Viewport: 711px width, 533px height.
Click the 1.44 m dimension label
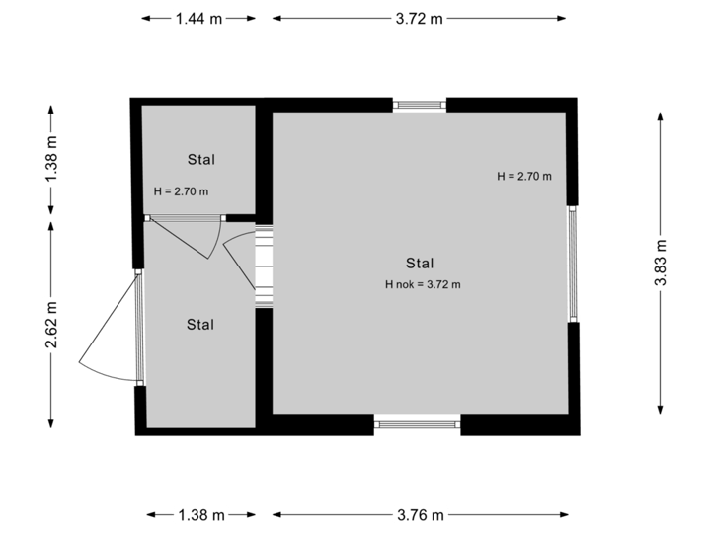click(198, 18)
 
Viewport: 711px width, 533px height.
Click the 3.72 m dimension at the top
click(420, 18)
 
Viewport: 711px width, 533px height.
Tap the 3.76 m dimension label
click(421, 514)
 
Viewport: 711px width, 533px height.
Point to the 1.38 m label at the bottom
click(200, 514)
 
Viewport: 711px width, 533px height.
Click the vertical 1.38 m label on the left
click(52, 160)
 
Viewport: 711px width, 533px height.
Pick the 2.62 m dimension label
click(52, 323)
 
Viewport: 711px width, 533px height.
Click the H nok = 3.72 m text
click(424, 284)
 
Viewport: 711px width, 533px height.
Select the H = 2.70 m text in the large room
click(523, 177)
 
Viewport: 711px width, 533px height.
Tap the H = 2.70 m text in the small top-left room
click(181, 191)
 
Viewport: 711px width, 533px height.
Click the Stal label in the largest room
click(420, 263)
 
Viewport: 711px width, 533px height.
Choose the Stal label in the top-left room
click(201, 159)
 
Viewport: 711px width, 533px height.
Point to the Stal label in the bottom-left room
click(200, 324)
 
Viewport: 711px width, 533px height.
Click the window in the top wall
click(420, 104)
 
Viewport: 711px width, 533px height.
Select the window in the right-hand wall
click(572, 263)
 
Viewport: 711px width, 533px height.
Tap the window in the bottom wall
click(418, 425)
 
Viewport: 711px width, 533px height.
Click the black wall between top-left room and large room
click(264, 163)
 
